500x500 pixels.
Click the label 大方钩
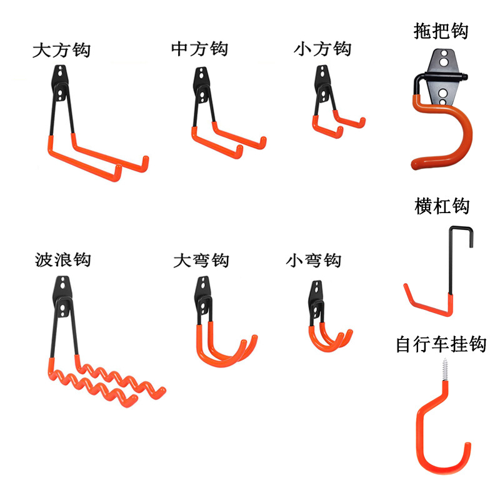[x=61, y=50]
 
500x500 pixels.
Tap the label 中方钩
[x=199, y=49]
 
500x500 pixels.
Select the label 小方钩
[x=322, y=49]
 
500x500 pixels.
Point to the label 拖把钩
[x=441, y=31]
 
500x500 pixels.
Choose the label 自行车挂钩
[x=441, y=344]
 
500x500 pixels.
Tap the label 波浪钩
[x=63, y=258]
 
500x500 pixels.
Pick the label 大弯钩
[x=201, y=259]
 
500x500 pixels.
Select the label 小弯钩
[x=314, y=259]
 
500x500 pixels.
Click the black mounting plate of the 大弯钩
[x=204, y=294]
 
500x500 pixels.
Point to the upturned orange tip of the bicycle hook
[x=466, y=448]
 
